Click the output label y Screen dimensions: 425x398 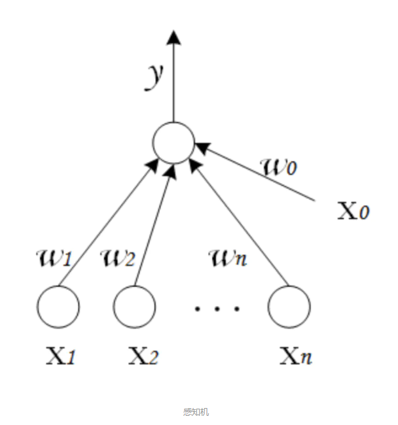[154, 76]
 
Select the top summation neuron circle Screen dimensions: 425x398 [173, 142]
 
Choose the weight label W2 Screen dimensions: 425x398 [118, 258]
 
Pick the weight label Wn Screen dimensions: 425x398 [228, 258]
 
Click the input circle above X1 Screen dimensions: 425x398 [58, 306]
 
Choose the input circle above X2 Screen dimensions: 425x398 [134, 306]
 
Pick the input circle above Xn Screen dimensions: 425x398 [289, 306]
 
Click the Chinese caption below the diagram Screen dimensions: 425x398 [196, 411]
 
